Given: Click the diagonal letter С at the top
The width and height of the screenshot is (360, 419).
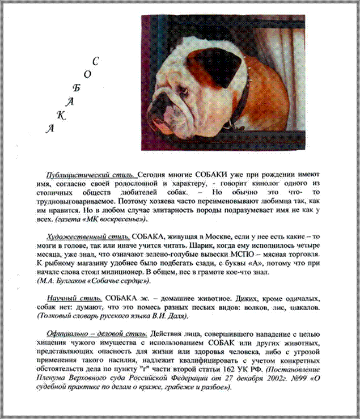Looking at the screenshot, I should pos(96,61).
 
